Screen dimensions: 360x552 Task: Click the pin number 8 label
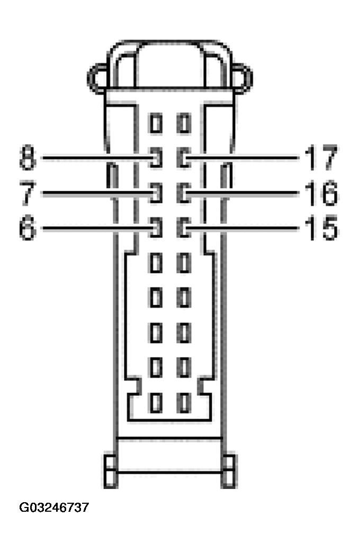pyautogui.click(x=27, y=158)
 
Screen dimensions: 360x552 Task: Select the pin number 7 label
pyautogui.click(x=27, y=193)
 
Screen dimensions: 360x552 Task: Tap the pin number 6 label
pyautogui.click(x=27, y=229)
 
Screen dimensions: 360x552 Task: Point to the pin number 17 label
pyautogui.click(x=320, y=158)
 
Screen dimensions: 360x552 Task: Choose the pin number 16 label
pyautogui.click(x=320, y=193)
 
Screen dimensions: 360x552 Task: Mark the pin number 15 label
pyautogui.click(x=320, y=229)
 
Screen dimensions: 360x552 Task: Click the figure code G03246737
pyautogui.click(x=54, y=508)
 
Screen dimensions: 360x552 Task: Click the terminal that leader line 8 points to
pyautogui.click(x=155, y=158)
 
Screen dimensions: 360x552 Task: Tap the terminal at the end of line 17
pyautogui.click(x=184, y=158)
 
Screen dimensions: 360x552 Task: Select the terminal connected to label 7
pyautogui.click(x=155, y=193)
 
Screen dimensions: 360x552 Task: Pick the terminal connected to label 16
pyautogui.click(x=184, y=193)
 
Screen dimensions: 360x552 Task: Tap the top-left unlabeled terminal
pyautogui.click(x=155, y=124)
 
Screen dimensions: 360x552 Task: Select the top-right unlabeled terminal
pyautogui.click(x=184, y=124)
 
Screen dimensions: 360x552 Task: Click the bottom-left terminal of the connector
pyautogui.click(x=155, y=403)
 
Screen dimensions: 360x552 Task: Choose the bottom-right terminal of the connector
pyautogui.click(x=184, y=403)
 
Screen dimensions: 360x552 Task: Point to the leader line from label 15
pyautogui.click(x=244, y=229)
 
